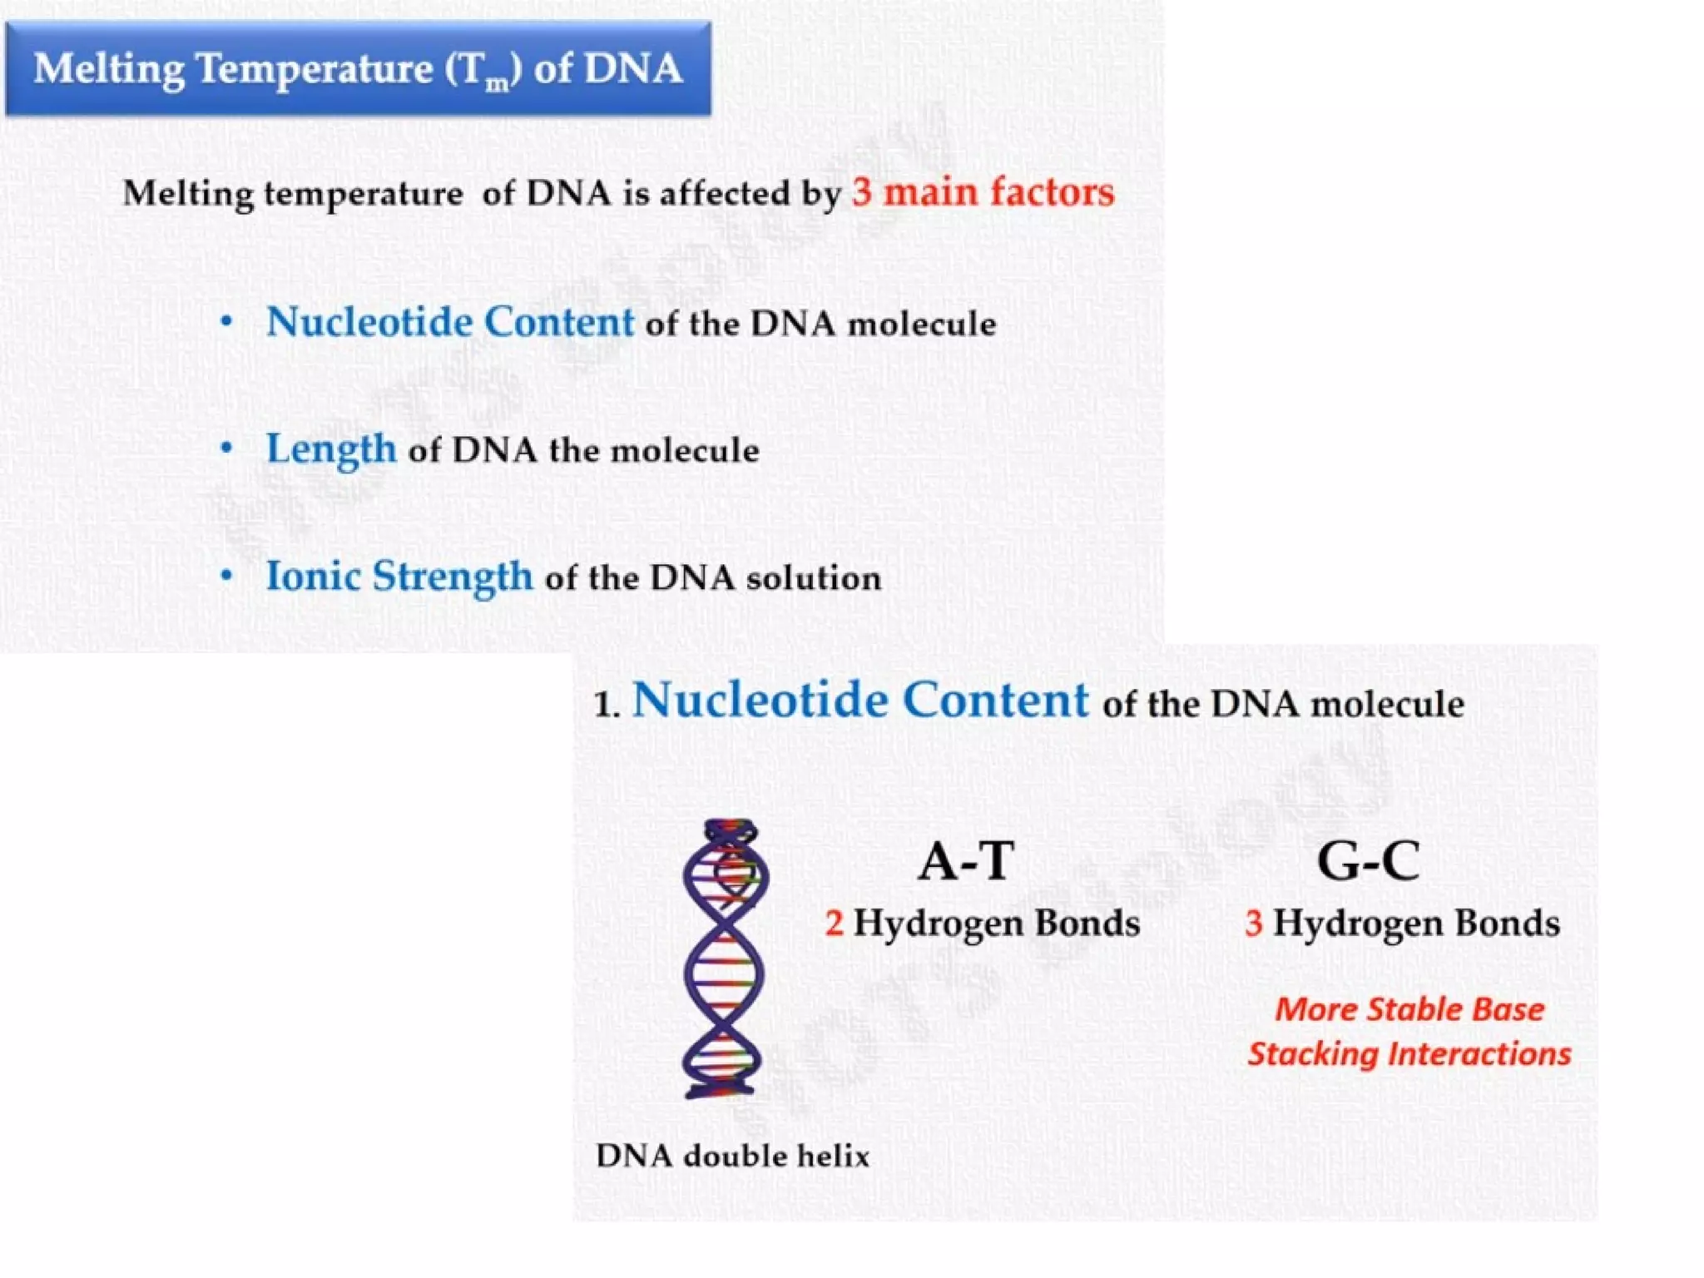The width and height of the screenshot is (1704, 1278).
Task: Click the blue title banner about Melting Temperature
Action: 358,68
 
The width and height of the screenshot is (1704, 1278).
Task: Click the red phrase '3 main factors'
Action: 983,192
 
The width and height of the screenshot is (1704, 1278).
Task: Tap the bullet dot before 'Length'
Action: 226,449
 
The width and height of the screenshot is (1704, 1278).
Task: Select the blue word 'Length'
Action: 331,450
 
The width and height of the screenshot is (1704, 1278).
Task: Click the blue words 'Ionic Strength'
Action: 399,577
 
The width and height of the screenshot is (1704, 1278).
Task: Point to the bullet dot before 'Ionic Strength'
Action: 226,577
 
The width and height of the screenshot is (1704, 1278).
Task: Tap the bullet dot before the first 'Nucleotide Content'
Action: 226,322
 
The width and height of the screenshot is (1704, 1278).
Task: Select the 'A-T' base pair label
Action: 967,862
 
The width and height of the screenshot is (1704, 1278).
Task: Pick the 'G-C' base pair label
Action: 1369,862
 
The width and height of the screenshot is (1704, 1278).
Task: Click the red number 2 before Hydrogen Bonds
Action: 834,924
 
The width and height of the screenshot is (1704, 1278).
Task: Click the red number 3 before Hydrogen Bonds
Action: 1254,924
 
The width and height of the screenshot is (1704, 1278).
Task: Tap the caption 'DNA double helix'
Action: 732,1156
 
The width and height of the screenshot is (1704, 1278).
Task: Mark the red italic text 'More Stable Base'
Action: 1409,1009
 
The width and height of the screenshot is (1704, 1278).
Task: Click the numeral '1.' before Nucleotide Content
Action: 607,706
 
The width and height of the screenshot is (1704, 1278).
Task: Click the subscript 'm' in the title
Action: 497,82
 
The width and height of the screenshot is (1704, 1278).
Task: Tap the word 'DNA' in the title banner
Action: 633,68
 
